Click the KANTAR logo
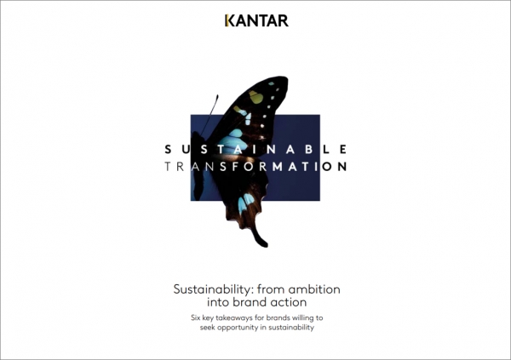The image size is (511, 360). pos(256,20)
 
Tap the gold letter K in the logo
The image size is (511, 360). pos(229,20)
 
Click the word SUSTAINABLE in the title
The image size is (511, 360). pos(255,149)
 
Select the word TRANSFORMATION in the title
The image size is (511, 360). pos(255,167)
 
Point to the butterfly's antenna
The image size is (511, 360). pos(210,115)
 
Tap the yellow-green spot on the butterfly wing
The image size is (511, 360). pos(256,97)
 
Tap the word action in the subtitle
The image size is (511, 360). pos(290,302)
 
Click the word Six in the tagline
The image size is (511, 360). pos(196,317)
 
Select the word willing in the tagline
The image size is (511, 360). pos(302,317)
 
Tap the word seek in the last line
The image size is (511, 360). pos(207,328)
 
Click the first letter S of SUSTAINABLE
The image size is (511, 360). pos(168,149)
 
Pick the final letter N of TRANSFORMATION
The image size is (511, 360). pos(342,167)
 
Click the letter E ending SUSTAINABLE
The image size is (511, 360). pos(343,149)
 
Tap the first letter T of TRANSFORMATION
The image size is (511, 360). pos(168,167)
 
